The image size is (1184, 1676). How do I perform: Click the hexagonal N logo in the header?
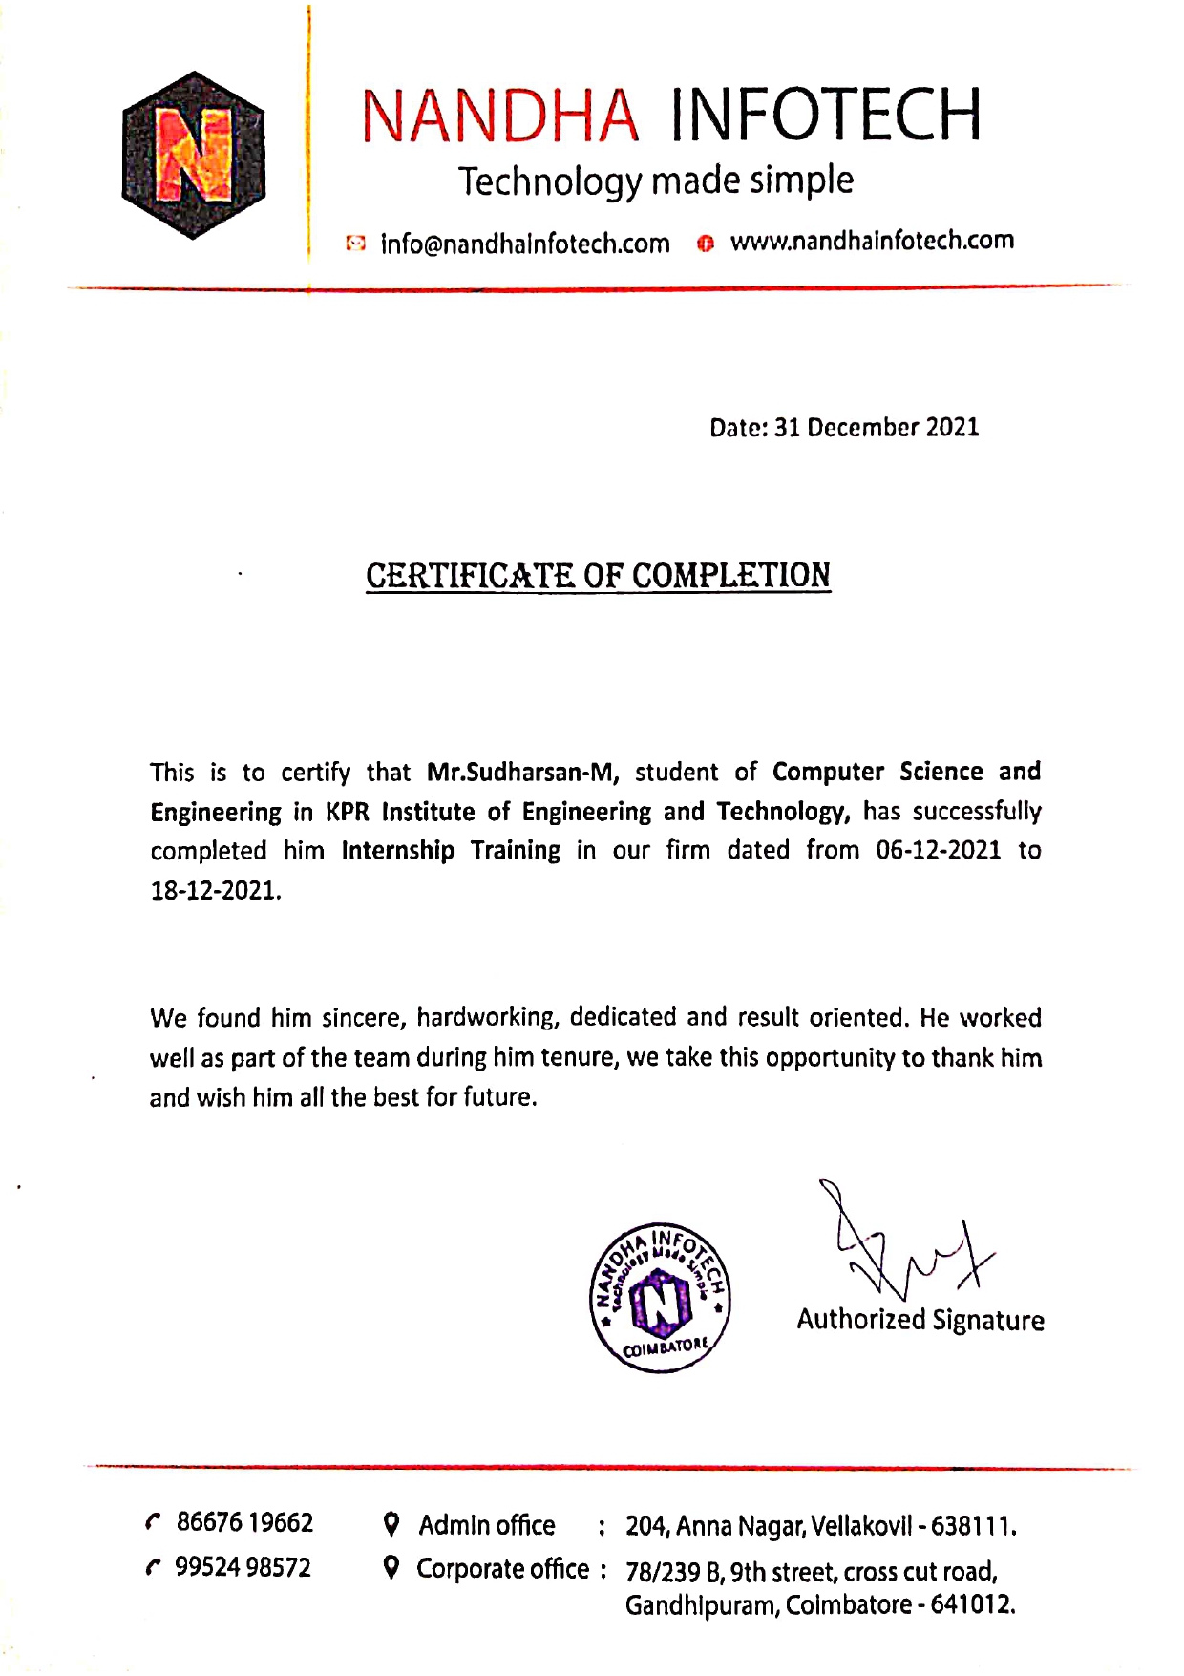click(x=194, y=155)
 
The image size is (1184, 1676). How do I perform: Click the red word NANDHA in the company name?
click(x=500, y=117)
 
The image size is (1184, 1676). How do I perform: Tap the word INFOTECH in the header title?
click(x=825, y=116)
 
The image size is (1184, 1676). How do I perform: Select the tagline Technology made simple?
click(x=656, y=180)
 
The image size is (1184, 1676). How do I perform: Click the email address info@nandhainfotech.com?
click(x=525, y=244)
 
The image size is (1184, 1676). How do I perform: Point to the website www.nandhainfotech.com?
click(x=872, y=241)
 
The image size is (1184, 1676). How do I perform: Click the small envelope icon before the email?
click(x=355, y=244)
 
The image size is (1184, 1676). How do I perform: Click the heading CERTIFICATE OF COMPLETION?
click(x=598, y=576)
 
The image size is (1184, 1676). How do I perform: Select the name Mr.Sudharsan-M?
click(x=522, y=772)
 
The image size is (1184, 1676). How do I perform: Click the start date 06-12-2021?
click(x=938, y=850)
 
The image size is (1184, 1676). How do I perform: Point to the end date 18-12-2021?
click(x=215, y=891)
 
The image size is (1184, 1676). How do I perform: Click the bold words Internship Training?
click(x=451, y=850)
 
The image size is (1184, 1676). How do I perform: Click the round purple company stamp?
click(x=660, y=1297)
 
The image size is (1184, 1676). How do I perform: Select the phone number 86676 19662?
click(x=244, y=1522)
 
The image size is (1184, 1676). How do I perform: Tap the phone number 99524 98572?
click(x=243, y=1567)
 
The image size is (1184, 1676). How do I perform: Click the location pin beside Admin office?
click(x=391, y=1524)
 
